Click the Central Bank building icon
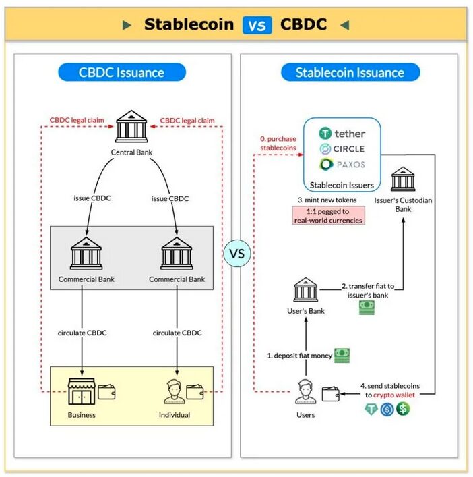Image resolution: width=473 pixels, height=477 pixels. coord(131,128)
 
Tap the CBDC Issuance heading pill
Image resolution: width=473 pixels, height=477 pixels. coord(121,72)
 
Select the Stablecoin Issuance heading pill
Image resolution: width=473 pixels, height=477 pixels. coord(350,72)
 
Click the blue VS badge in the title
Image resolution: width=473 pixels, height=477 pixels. coord(256,25)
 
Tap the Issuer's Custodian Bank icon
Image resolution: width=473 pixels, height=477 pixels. coord(403,179)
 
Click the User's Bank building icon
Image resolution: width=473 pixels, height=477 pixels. coord(306,290)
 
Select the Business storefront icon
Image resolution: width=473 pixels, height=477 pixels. coord(81,393)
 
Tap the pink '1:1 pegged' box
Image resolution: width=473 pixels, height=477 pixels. coord(328,215)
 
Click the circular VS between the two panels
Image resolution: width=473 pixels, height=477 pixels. coord(236,254)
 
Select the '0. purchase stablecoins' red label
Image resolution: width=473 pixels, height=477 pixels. coord(278,143)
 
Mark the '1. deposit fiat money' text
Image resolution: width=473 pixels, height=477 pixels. coord(298,356)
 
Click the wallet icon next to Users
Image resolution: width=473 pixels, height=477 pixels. coord(330,395)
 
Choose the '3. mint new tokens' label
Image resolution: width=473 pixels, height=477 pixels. coord(327,200)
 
